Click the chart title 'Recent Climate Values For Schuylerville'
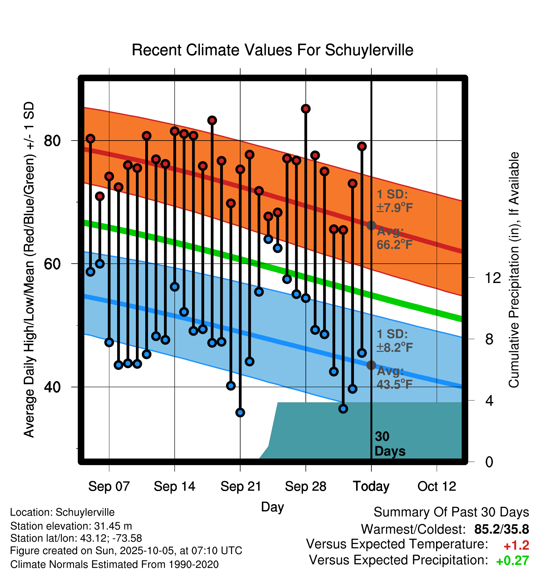point(272,50)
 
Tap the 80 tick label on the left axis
point(52,141)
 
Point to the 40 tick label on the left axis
point(52,387)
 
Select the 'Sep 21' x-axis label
point(241,486)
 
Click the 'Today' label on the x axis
point(371,486)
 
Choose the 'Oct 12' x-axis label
point(437,486)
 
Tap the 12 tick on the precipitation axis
point(493,278)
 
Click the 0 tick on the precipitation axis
point(489,462)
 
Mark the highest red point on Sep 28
point(306,109)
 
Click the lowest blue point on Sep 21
point(240,413)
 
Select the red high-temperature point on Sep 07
point(109,176)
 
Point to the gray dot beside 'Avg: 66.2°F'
point(371,225)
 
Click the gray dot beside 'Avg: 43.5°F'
point(371,365)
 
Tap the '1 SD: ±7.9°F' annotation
point(394,201)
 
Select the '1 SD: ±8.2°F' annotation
point(394,340)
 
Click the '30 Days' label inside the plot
point(389,444)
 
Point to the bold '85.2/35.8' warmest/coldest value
point(501,529)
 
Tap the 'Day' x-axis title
point(272,507)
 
